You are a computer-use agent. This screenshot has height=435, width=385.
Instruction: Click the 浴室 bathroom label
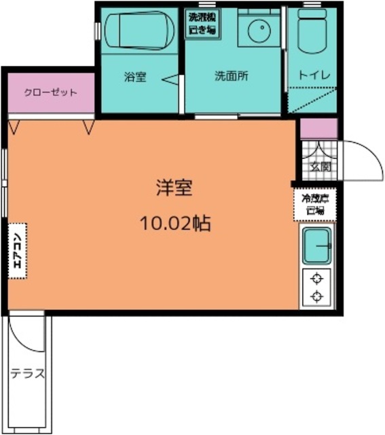pyautogui.click(x=134, y=76)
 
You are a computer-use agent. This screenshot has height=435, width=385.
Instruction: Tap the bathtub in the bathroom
pyautogui.click(x=139, y=31)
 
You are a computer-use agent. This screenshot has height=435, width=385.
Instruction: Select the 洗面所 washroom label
pyautogui.click(x=231, y=76)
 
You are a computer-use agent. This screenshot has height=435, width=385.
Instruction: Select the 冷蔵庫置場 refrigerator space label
pyautogui.click(x=315, y=204)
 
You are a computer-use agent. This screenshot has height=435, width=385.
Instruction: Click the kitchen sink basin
pyautogui.click(x=316, y=245)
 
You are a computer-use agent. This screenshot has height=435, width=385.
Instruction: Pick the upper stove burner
pyautogui.click(x=316, y=279)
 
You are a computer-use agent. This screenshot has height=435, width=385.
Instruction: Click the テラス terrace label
pyautogui.click(x=27, y=373)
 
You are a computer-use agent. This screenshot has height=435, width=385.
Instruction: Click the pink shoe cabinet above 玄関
pyautogui.click(x=318, y=128)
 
